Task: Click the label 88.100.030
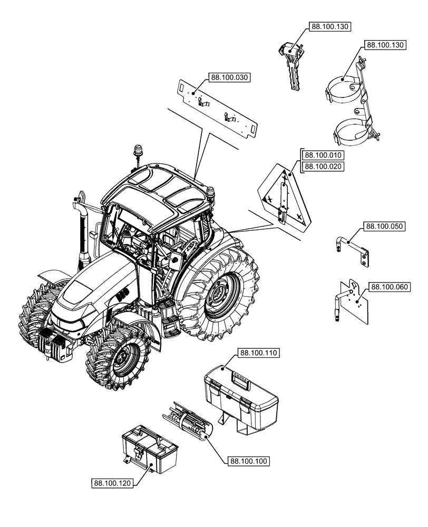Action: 230,77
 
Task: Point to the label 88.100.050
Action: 384,227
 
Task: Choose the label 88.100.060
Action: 389,287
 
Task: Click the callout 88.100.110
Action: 259,353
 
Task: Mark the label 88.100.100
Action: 249,461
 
